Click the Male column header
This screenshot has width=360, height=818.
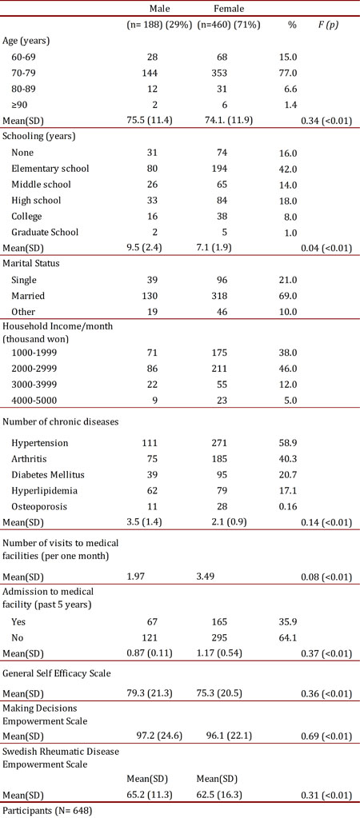(x=149, y=7)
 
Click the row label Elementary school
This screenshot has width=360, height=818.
(x=50, y=168)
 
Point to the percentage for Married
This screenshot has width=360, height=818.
(x=292, y=295)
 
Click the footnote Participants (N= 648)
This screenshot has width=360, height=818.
(x=47, y=810)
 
